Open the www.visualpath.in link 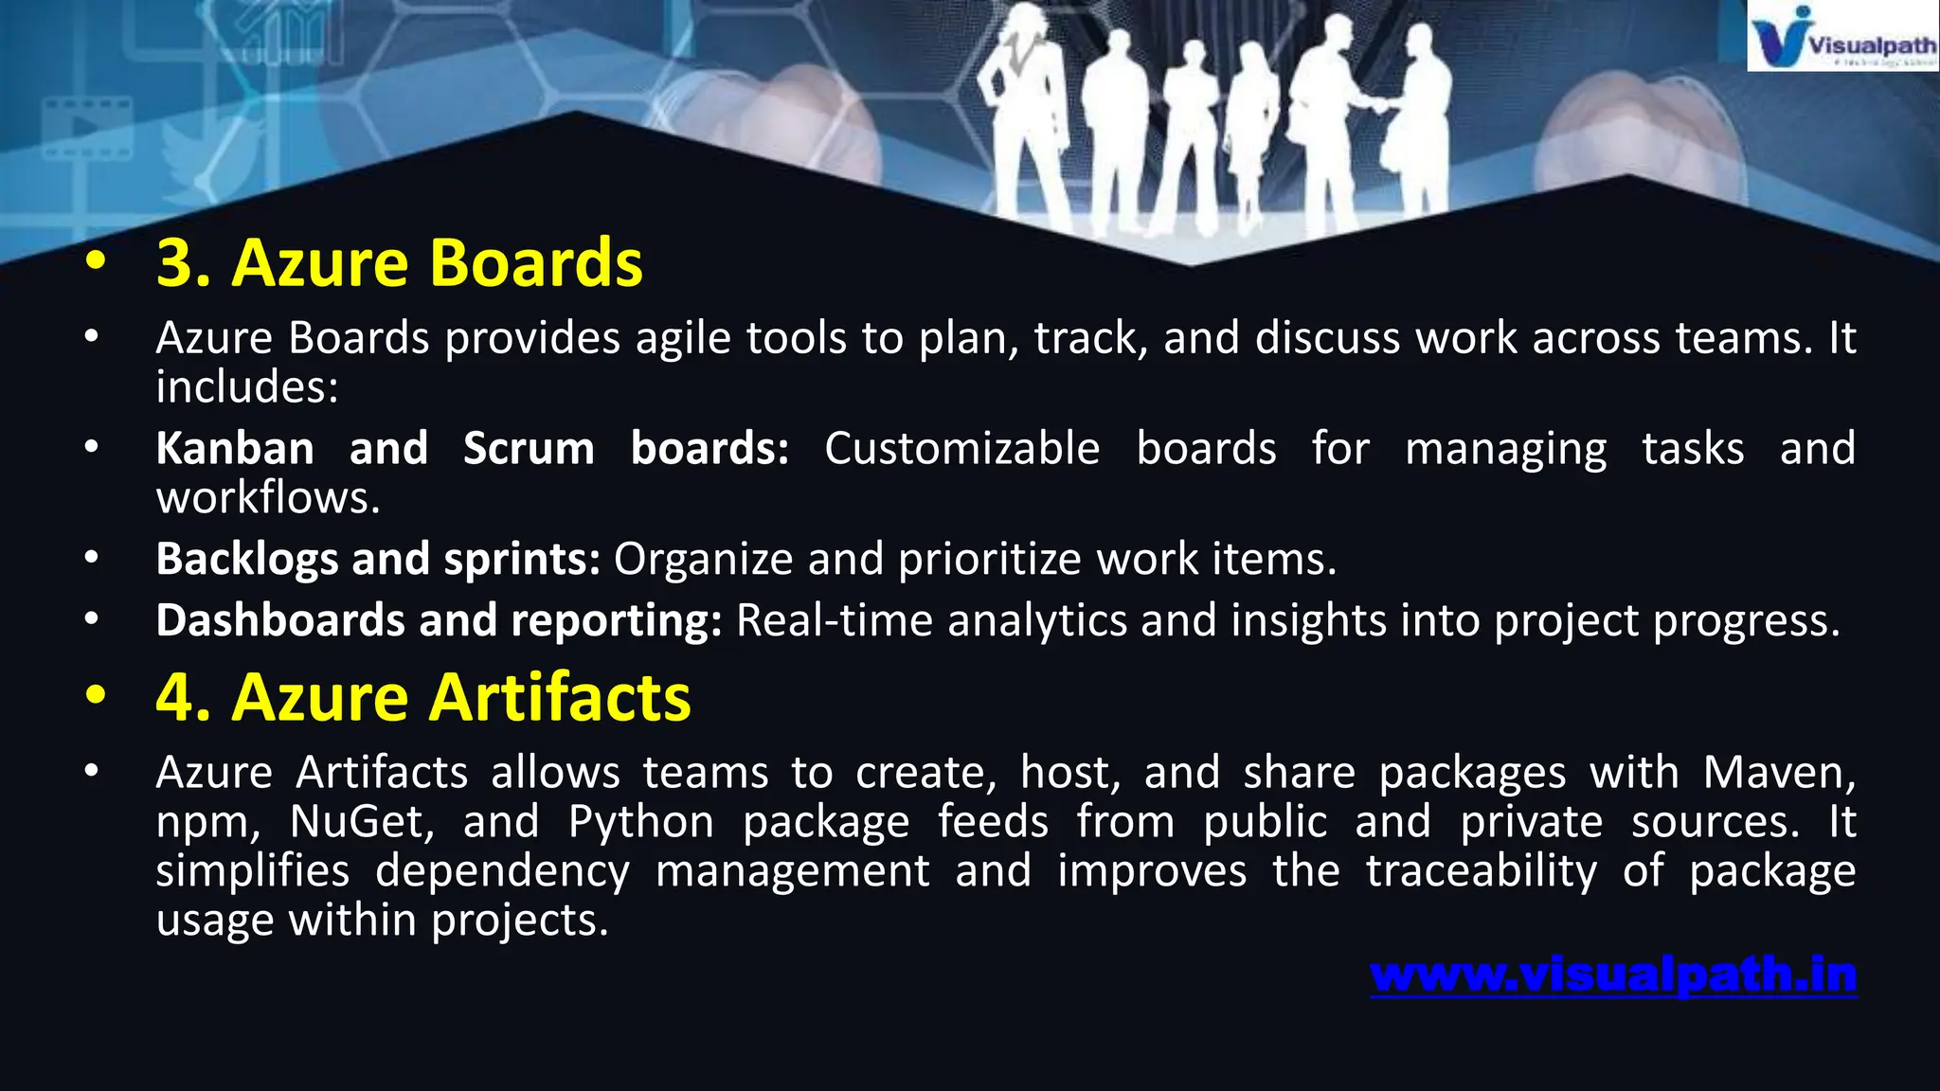click(x=1613, y=975)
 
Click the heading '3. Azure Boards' click(x=399, y=262)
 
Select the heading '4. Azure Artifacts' click(x=422, y=697)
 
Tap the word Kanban click(x=235, y=448)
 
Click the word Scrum click(x=529, y=448)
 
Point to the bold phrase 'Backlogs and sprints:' click(x=378, y=559)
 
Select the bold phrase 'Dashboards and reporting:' click(x=439, y=620)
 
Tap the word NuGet click(x=362, y=821)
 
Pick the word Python click(x=641, y=822)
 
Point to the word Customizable click(x=961, y=448)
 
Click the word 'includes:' click(x=247, y=386)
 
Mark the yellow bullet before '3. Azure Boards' click(x=95, y=262)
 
